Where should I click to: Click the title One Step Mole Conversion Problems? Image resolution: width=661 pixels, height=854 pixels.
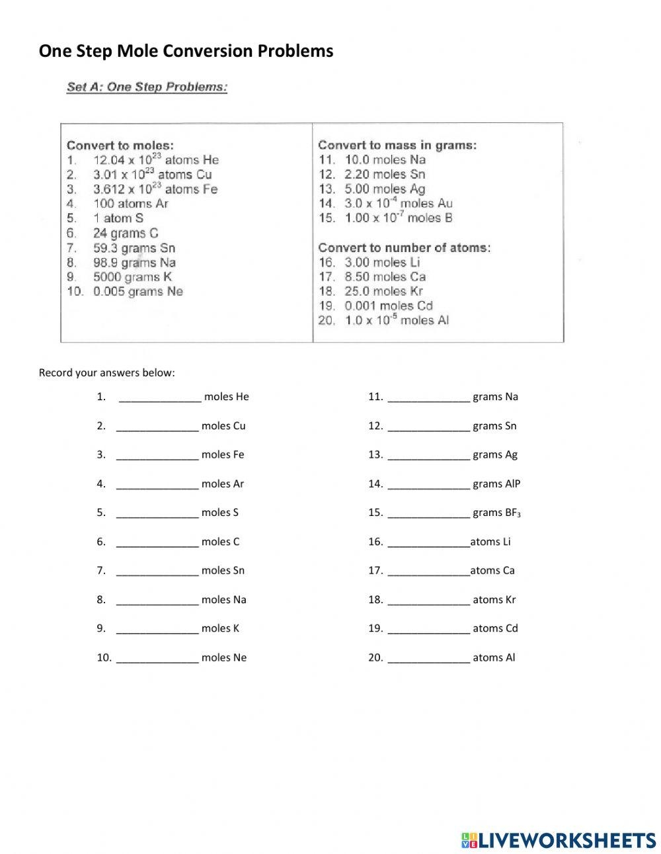click(186, 51)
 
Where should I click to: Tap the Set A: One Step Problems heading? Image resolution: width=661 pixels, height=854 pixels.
click(147, 87)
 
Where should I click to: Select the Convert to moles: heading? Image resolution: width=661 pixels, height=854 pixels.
click(120, 146)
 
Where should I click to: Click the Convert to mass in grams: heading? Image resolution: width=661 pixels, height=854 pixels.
click(397, 146)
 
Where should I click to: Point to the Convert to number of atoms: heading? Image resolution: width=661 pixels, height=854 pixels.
click(404, 248)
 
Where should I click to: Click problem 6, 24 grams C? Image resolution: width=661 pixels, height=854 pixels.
click(126, 233)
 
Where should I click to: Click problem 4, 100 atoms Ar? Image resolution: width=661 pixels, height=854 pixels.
click(130, 204)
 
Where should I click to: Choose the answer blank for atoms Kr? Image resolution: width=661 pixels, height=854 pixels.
click(428, 601)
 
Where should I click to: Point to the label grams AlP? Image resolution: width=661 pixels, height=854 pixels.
click(496, 484)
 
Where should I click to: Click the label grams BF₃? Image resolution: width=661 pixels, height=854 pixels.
click(497, 513)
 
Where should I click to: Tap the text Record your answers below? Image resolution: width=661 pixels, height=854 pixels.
click(107, 372)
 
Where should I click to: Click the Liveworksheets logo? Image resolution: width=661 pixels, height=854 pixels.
click(558, 840)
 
